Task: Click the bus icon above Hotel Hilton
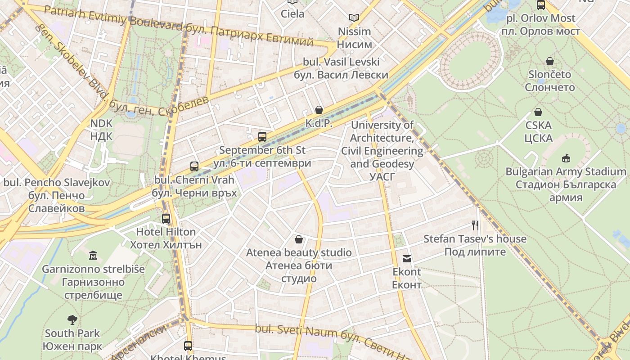pyautogui.click(x=166, y=219)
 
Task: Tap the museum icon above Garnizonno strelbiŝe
pyautogui.click(x=93, y=256)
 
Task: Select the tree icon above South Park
pyautogui.click(x=72, y=320)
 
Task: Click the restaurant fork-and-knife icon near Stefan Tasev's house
pyautogui.click(x=475, y=225)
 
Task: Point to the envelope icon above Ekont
pyautogui.click(x=407, y=259)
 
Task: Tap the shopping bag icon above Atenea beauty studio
pyautogui.click(x=298, y=239)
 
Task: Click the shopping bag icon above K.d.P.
pyautogui.click(x=319, y=110)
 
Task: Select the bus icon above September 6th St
pyautogui.click(x=262, y=137)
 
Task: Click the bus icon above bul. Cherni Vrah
pyautogui.click(x=194, y=166)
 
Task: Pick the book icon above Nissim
pyautogui.click(x=354, y=18)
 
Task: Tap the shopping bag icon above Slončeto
pyautogui.click(x=550, y=61)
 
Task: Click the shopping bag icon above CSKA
pyautogui.click(x=538, y=112)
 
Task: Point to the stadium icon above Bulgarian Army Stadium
pyautogui.click(x=566, y=158)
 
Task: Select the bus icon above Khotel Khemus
pyautogui.click(x=188, y=346)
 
